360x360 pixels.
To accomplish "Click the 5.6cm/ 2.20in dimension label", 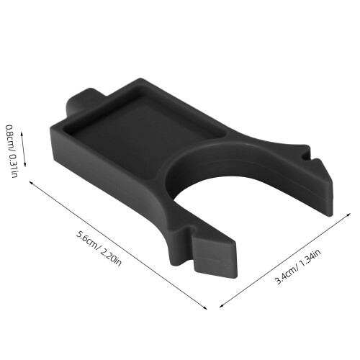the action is tap(99, 248).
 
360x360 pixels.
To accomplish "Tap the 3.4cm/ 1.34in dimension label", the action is tap(298, 266).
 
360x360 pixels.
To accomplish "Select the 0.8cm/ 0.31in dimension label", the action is tap(12, 151).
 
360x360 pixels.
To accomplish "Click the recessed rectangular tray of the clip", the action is tap(146, 135).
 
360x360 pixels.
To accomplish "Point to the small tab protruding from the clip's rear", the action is tap(79, 101).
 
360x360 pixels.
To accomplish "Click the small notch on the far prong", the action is tap(305, 156).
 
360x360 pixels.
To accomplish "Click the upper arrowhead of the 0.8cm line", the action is tap(22, 133).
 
